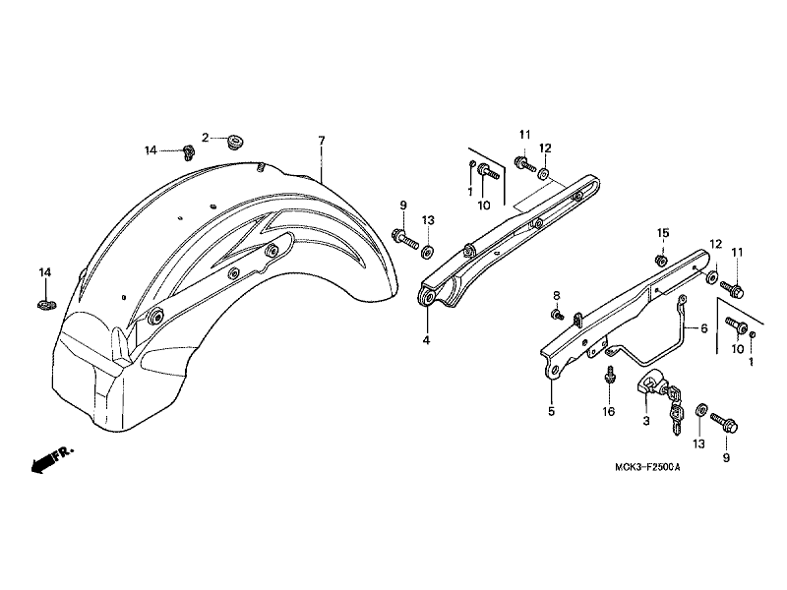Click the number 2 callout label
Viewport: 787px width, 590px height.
pos(206,137)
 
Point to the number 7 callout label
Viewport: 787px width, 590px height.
pos(321,142)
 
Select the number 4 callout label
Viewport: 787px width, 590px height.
pos(426,340)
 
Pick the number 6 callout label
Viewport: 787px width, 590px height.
pos(703,329)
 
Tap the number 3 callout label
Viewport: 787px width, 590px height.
pos(645,420)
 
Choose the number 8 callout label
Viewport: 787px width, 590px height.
pos(555,295)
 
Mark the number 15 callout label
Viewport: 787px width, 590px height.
pos(663,232)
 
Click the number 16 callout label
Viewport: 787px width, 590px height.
pos(609,411)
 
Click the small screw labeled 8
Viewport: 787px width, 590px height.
pos(556,315)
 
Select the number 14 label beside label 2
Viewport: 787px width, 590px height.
pos(151,150)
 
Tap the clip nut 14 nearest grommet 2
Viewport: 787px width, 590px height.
pos(185,151)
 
